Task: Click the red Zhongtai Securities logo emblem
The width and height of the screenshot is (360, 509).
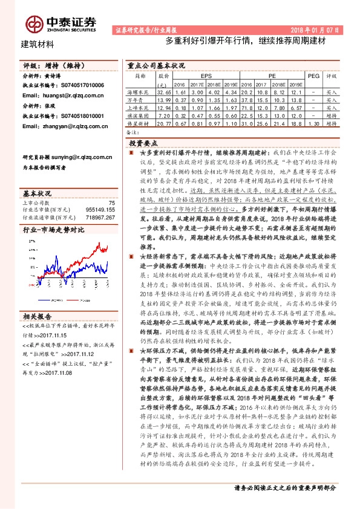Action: tap(33, 23)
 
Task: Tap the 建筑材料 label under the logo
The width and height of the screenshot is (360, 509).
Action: tap(38, 44)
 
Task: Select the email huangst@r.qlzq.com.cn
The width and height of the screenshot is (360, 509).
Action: tap(65, 96)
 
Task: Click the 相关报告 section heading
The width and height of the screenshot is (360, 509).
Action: tap(38, 316)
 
